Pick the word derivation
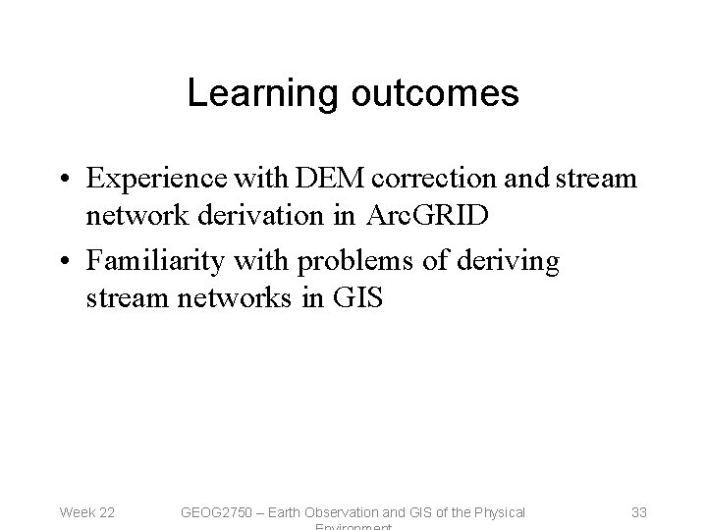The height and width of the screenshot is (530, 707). coord(275,215)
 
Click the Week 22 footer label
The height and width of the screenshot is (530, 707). coord(87,511)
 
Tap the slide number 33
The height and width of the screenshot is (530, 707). coord(638,511)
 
